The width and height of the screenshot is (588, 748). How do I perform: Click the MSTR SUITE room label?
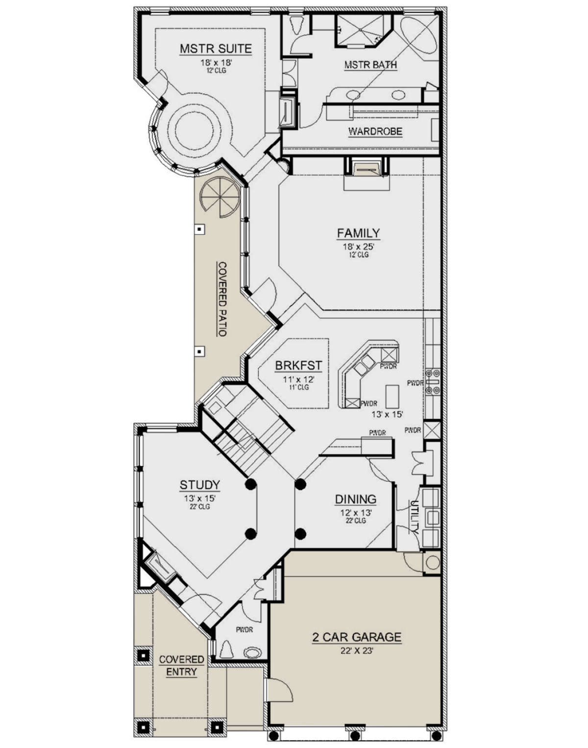pos(216,49)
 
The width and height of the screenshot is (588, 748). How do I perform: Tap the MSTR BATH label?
pos(370,65)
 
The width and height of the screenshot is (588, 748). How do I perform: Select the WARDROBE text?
pos(375,131)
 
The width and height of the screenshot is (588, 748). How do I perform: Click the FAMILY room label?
pos(358,232)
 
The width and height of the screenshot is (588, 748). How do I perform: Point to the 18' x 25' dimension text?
pos(358,247)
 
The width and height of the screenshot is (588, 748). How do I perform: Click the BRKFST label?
pos(298,366)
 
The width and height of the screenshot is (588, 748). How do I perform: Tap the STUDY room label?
pos(200,484)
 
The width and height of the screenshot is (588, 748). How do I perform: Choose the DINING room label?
pos(356,499)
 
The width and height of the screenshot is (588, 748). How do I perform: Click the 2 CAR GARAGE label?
pos(357,637)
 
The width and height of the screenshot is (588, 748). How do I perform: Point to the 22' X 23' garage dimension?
pos(357,650)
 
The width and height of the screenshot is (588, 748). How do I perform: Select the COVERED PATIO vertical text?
pos(222,299)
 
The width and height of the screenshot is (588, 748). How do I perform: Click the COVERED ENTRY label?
pos(181,666)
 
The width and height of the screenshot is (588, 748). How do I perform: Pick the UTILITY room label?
pos(414,517)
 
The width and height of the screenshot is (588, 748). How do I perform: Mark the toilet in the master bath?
pos(296,25)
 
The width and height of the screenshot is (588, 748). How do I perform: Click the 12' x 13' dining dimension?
pos(356,513)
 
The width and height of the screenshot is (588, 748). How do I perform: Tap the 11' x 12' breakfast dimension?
pos(298,379)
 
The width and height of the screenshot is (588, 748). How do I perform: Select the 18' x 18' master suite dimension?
pos(216,63)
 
